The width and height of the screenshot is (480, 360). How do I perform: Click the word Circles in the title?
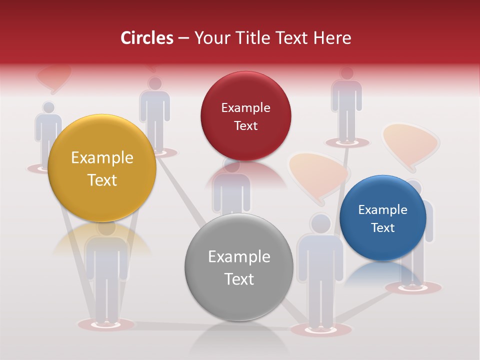point(146,38)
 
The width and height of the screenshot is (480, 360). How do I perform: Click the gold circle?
point(102,168)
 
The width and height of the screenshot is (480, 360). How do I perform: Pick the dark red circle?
point(245,116)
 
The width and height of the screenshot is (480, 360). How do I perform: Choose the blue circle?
point(383,218)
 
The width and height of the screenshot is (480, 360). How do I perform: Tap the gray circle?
point(239,267)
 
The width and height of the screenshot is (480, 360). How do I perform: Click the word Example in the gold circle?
point(102,158)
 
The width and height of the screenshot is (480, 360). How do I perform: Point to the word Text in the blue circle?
point(383,228)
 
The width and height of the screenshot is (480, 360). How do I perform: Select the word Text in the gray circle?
point(239,279)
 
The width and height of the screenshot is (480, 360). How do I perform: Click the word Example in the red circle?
point(245,107)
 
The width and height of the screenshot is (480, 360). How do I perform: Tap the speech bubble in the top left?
point(53,77)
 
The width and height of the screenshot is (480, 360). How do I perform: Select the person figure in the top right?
point(346,105)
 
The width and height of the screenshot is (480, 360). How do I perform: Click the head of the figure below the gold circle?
point(106,227)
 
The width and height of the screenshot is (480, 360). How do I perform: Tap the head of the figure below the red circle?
point(231,165)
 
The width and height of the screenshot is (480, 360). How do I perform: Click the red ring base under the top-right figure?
point(346,142)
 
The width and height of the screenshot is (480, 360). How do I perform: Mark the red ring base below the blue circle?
point(413,287)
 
